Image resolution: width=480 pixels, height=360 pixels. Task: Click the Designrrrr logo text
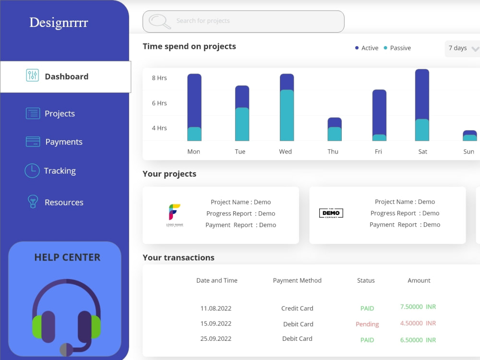coord(59,23)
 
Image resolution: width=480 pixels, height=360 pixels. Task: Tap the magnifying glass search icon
coord(159,22)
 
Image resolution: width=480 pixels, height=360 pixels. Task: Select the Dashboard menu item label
coord(66,76)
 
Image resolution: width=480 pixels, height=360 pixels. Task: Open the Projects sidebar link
coord(60,114)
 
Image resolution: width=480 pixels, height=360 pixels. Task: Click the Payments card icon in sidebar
coord(33,142)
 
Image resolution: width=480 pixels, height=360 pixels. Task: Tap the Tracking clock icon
coord(32,171)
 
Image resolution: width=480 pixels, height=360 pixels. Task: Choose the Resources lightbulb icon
coord(33,202)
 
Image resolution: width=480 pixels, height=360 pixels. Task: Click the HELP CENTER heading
coord(67,257)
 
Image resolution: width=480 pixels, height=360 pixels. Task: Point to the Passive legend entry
coord(397,48)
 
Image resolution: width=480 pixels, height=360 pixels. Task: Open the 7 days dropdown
coord(462,48)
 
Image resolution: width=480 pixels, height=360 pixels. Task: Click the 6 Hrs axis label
coord(159,103)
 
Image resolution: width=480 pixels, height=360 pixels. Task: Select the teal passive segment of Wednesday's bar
coord(287,115)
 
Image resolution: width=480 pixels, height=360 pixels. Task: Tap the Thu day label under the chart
coord(333,152)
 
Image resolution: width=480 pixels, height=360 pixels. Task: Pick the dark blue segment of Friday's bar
coord(379,112)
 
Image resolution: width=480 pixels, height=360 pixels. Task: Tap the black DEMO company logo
coord(331,213)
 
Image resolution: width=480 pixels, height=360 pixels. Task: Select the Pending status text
coord(367,324)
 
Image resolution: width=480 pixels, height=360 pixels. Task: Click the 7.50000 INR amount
coord(418,307)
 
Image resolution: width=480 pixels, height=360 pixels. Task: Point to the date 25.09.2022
coord(216,338)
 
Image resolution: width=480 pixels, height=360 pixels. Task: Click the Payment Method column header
coord(297,280)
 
